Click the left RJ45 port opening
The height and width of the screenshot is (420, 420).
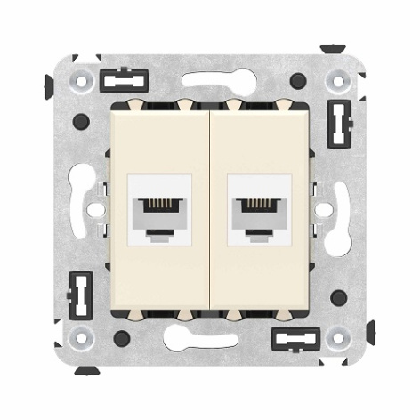161,211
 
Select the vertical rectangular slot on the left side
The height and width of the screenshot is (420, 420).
82,295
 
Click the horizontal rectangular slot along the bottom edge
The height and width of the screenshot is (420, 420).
295,338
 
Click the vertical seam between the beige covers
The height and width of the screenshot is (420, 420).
210,210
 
